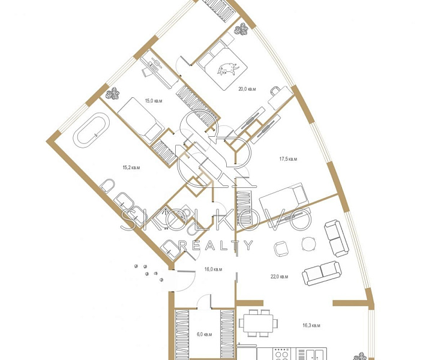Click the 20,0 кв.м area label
click(247, 89)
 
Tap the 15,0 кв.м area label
click(154, 101)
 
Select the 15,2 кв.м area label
click(131, 167)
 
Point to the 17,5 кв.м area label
click(289, 159)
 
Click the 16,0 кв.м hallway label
click(213, 269)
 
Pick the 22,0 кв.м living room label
click(280, 277)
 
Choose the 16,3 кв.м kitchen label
click(311, 325)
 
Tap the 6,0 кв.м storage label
click(204, 334)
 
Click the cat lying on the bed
click(227, 68)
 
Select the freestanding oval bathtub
click(91, 130)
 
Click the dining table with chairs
click(259, 323)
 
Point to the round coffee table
click(309, 244)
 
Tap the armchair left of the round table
click(281, 248)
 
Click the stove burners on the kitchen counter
click(281, 354)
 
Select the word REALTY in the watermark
click(216, 245)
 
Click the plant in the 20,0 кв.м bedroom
click(241, 29)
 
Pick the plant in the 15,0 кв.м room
click(113, 94)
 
